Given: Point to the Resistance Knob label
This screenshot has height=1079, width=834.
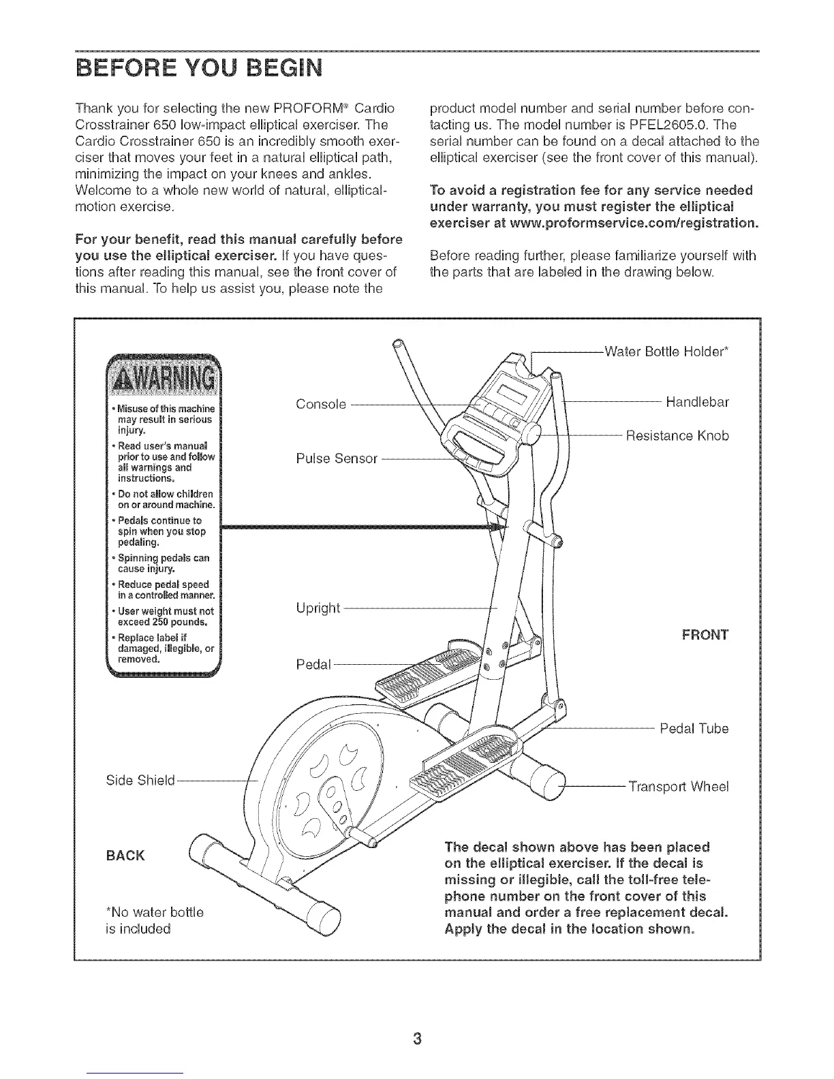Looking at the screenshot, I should click(677, 435).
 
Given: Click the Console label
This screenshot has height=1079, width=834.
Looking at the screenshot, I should click(322, 404).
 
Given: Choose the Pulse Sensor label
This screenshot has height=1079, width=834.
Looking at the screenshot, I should click(337, 458).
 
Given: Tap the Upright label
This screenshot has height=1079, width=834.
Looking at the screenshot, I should click(318, 608).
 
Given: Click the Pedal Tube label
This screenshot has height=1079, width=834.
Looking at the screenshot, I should click(694, 728).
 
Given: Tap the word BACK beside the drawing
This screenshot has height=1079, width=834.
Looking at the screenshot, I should click(125, 855).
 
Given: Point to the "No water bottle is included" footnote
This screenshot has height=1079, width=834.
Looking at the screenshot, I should click(150, 920).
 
